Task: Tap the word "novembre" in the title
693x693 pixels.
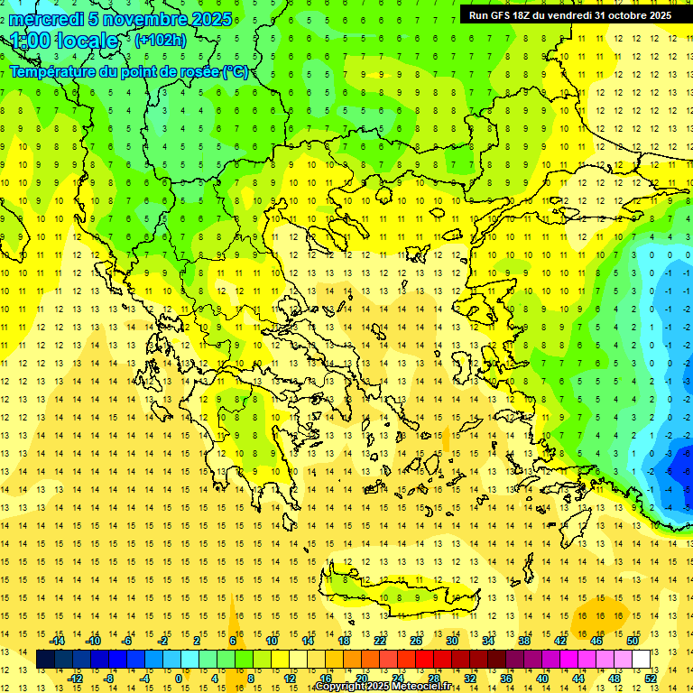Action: tap(134, 19)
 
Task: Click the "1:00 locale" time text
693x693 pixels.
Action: tap(64, 41)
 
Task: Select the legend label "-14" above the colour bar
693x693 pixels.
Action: tap(57, 640)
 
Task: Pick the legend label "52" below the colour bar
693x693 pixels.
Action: tap(651, 679)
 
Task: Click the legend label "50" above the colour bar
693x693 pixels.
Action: tap(633, 640)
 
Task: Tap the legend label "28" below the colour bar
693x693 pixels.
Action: tap(433, 679)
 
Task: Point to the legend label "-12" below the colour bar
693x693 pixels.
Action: tap(75, 679)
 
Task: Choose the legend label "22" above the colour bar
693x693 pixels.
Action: tap(380, 640)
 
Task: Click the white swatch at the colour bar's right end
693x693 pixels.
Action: tap(641, 660)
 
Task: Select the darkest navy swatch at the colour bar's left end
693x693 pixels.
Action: tap(45, 660)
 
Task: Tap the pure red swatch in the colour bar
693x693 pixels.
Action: tap(424, 660)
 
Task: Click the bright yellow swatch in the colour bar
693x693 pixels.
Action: tap(280, 660)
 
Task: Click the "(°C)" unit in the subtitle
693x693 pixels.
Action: tap(236, 71)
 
